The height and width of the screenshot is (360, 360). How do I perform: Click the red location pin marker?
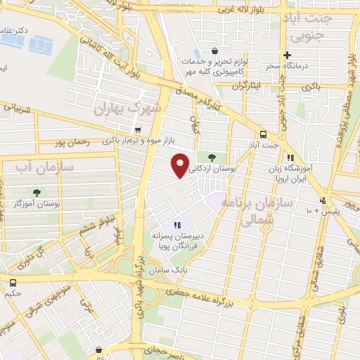pyautogui.click(x=181, y=165)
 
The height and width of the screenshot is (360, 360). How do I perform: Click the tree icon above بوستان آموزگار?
pyautogui.click(x=36, y=192)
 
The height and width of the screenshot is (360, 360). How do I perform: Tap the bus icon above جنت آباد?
pyautogui.click(x=263, y=134)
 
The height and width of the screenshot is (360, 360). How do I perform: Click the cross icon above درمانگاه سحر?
pyautogui.click(x=286, y=55)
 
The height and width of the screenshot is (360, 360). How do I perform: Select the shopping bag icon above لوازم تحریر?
pyautogui.click(x=214, y=51)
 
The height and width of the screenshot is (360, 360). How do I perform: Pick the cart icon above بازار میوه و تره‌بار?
pyautogui.click(x=137, y=130)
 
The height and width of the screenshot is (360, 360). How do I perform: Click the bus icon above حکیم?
pyautogui.click(x=13, y=283)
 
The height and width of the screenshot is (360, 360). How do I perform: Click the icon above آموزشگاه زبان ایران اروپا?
pyautogui.click(x=290, y=157)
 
